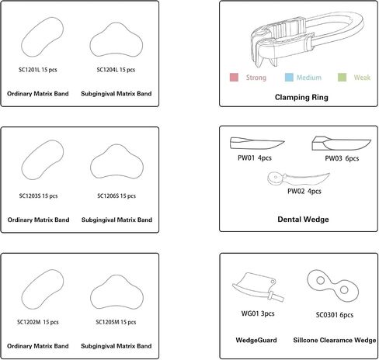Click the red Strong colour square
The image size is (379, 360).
tap(234, 78)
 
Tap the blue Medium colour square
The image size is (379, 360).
tap(289, 78)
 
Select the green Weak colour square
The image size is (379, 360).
tap(342, 78)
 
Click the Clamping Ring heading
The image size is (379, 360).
tap(301, 97)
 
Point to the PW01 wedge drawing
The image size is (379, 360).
tap(257, 144)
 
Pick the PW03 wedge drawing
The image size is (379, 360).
tap(341, 144)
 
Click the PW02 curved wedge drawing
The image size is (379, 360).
tap(298, 179)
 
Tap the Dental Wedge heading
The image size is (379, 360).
tap(303, 220)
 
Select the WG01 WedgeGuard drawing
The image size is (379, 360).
tap(258, 287)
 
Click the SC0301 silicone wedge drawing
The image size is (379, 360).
tap(333, 286)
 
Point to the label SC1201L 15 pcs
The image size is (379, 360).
tap(38, 70)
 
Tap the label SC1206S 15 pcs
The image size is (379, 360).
tap(116, 196)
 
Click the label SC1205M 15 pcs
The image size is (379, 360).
tap(116, 322)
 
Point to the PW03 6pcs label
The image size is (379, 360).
tap(342, 158)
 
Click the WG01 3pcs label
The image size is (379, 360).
tap(258, 313)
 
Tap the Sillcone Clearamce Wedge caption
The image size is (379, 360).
tap(335, 340)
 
